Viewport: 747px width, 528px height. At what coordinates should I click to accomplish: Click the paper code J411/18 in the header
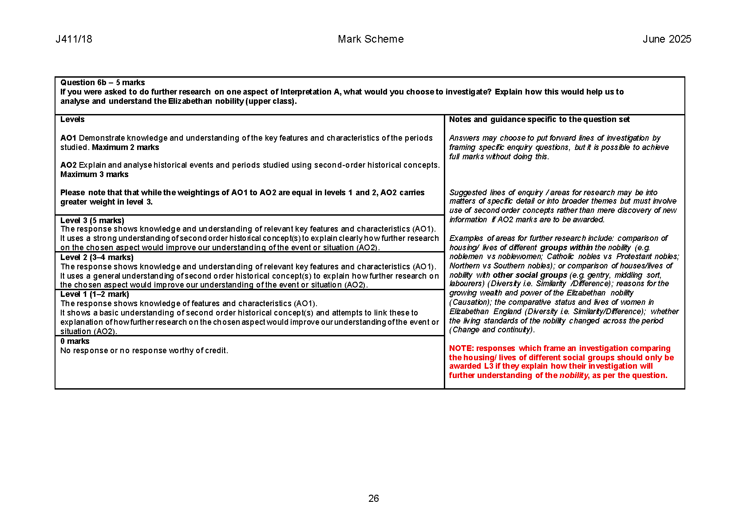(74, 39)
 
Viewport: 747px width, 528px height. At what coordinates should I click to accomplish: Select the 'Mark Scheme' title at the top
(371, 39)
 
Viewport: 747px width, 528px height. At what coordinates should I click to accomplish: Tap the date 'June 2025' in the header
(667, 39)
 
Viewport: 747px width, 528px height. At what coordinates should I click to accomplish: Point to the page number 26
(373, 499)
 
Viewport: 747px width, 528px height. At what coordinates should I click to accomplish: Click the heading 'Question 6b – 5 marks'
(103, 83)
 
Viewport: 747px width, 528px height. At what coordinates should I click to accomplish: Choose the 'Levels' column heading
(72, 119)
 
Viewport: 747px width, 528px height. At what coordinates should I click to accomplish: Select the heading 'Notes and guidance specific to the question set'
(539, 119)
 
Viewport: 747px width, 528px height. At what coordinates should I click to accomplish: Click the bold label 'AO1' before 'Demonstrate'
(68, 138)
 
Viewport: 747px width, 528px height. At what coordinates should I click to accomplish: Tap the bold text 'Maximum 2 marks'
(125, 147)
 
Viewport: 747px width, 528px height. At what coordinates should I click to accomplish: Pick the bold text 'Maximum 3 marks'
(95, 174)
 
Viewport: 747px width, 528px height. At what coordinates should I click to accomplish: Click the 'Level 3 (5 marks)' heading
(92, 221)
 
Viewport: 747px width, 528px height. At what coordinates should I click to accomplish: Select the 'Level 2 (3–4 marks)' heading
(97, 257)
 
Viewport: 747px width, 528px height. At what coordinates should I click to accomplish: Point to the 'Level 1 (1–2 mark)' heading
(95, 294)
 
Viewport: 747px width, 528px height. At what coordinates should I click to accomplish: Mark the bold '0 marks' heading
(75, 341)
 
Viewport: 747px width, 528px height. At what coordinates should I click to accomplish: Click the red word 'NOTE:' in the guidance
(461, 348)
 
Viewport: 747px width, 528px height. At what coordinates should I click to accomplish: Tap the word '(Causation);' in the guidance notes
(470, 302)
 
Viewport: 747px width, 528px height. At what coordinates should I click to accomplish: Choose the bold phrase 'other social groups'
(530, 275)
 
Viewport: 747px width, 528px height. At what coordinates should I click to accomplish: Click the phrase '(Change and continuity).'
(492, 330)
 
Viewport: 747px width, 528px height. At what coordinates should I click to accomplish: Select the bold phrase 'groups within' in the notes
(566, 248)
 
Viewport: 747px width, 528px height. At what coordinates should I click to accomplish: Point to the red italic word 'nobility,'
(574, 375)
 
